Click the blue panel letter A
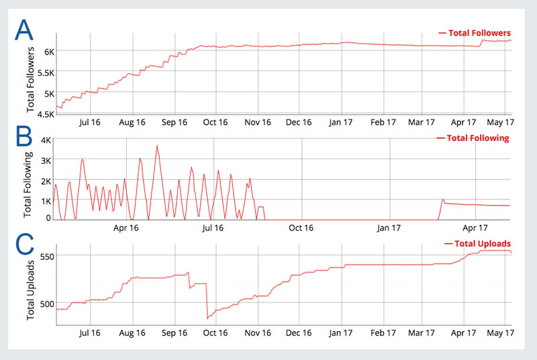coord(24,30)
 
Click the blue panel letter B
coord(24,136)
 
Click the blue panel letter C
coord(25,244)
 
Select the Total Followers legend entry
coord(475,33)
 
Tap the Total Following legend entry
coord(473,138)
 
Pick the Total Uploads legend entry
coord(478,244)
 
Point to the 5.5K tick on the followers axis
coord(46,73)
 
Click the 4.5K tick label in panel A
coord(46,114)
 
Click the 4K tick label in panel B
coord(46,140)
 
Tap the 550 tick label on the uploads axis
coord(47,257)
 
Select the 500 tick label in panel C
coord(47,304)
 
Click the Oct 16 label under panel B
coord(301,228)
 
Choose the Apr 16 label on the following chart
coord(126,228)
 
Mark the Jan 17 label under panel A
coord(340,122)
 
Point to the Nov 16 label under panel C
coord(258,332)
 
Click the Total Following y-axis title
coord(28,184)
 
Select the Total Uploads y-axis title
coord(30,290)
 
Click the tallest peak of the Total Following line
coord(157,146)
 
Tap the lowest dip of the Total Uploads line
coord(207,318)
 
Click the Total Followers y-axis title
coord(30,79)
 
